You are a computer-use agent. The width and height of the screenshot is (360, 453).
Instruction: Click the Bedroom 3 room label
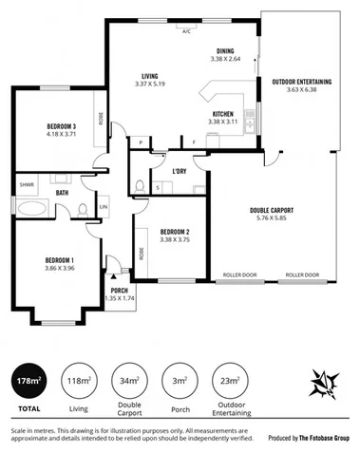[61, 127]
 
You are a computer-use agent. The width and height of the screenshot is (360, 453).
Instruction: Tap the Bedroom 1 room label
[60, 259]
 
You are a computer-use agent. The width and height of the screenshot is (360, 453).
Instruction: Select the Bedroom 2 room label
[176, 232]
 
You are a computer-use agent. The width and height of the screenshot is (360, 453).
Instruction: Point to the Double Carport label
[271, 209]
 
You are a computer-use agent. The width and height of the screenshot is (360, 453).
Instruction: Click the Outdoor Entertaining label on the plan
[301, 82]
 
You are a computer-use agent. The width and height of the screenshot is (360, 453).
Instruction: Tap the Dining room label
[225, 50]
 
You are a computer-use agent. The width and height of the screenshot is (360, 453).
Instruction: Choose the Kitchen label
[222, 115]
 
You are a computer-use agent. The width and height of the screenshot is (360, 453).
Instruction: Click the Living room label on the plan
[149, 77]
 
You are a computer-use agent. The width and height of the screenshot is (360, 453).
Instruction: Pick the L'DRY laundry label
[179, 171]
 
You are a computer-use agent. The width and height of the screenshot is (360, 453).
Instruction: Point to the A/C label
[186, 30]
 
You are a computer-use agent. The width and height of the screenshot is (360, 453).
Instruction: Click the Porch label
[120, 291]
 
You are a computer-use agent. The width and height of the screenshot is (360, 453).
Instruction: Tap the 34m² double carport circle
[130, 382]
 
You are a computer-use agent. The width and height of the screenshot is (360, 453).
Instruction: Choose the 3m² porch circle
[178, 382]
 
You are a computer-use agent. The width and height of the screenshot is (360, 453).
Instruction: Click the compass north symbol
[324, 384]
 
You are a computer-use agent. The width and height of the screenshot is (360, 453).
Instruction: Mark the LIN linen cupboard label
[104, 207]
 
